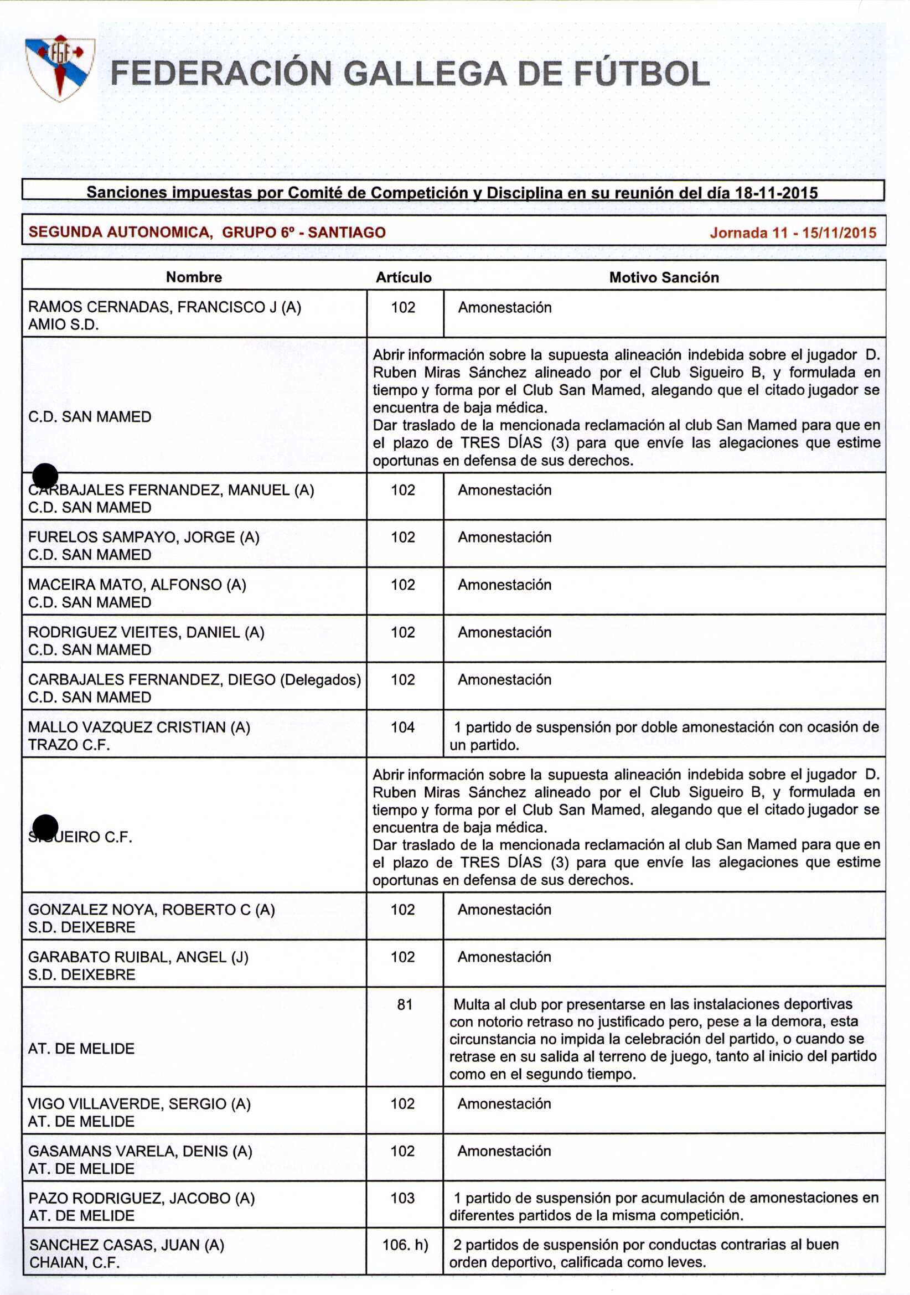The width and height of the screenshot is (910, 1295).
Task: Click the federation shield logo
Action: pos(60,68)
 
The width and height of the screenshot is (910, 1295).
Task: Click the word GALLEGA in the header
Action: pos(425,74)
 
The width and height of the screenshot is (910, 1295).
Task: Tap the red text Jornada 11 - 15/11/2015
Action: pos(793,233)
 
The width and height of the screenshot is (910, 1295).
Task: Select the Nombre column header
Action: pos(194,277)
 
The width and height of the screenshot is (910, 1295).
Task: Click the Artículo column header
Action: pos(404,277)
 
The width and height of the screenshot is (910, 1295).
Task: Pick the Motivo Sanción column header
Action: pos(664,277)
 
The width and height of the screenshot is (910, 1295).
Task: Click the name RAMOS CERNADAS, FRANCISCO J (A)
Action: pos(164,307)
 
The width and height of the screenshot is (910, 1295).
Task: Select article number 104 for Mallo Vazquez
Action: pos(402,727)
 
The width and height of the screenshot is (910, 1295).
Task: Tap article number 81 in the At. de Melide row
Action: pos(404,1004)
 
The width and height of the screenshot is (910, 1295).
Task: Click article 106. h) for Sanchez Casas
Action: pos(405,1244)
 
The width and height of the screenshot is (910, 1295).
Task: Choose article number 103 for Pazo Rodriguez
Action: pos(402,1198)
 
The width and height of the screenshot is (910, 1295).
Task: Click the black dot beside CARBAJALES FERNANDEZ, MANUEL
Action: pos(45,477)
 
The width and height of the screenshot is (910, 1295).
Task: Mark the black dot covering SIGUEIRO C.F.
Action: pos(45,827)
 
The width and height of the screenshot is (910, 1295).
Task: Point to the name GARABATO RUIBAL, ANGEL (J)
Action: pos(138,957)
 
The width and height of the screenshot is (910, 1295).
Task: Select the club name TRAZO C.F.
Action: pos(69,745)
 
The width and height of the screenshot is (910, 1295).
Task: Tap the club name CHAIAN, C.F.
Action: pos(74,1262)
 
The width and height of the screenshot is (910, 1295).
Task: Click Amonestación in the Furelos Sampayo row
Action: pos(505,537)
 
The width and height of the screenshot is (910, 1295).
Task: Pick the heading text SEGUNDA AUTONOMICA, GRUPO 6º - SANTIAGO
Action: pos(207,232)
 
